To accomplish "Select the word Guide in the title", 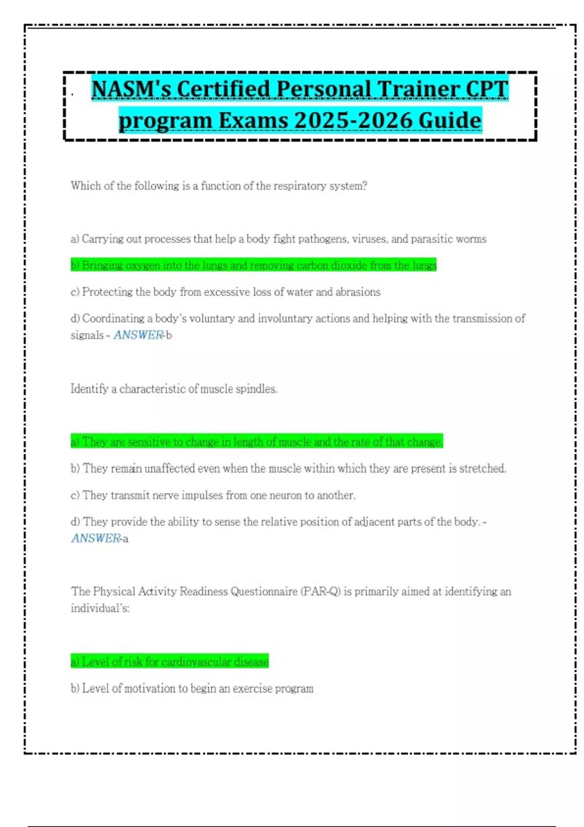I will (x=450, y=120).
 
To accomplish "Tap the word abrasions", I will (x=358, y=292).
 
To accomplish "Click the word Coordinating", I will (x=113, y=319).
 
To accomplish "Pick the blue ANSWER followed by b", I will (x=139, y=335).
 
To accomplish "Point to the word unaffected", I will (x=170, y=468).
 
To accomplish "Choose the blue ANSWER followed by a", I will (x=96, y=539).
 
